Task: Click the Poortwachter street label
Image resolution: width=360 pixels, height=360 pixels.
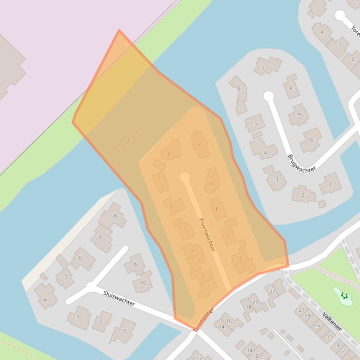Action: [207, 235]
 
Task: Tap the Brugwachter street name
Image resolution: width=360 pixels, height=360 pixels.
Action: [302, 163]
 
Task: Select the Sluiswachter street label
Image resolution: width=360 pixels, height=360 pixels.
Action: [119, 298]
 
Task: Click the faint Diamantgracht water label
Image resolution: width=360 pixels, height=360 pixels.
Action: [130, 139]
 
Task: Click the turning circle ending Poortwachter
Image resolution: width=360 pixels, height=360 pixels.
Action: [184, 177]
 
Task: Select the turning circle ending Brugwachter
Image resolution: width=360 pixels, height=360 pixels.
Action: [268, 96]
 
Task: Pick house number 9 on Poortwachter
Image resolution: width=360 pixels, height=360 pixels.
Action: [198, 144]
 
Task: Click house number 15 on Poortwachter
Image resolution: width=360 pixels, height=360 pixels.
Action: [244, 266]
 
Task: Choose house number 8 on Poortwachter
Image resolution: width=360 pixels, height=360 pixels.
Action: [169, 153]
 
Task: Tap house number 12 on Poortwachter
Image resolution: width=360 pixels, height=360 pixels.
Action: [228, 234]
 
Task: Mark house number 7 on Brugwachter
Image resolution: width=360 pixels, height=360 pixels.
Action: [263, 68]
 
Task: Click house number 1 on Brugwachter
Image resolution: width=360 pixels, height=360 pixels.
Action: [330, 184]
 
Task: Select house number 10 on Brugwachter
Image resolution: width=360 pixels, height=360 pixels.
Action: [310, 140]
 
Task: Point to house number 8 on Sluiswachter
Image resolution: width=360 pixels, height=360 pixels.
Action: [115, 216]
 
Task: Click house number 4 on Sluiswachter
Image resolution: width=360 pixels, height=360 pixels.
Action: [45, 300]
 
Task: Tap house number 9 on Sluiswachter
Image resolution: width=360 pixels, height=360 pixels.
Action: [135, 265]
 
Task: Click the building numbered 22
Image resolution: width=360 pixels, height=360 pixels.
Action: [272, 291]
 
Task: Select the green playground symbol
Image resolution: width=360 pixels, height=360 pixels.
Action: [345, 295]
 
